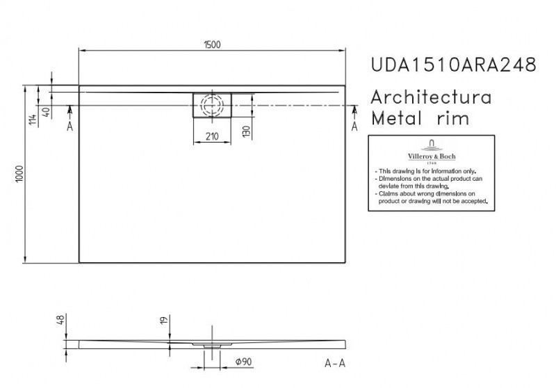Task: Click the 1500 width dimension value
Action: click(213, 44)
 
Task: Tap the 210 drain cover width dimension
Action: click(213, 137)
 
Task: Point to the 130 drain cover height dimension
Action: click(245, 131)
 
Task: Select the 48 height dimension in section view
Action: click(60, 321)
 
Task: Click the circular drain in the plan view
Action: click(213, 106)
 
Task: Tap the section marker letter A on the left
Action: click(69, 126)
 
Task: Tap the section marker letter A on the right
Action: click(355, 126)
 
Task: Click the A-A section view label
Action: click(336, 362)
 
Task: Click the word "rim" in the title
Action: click(453, 119)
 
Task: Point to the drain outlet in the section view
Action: click(211, 344)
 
